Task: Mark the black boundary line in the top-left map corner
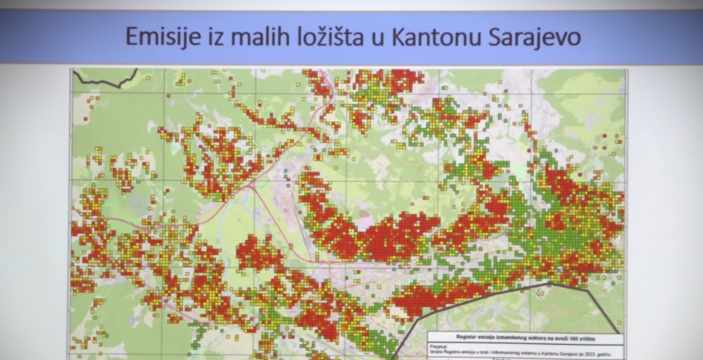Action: (x=105, y=81)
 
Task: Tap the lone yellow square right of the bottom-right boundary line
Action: (x=618, y=322)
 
